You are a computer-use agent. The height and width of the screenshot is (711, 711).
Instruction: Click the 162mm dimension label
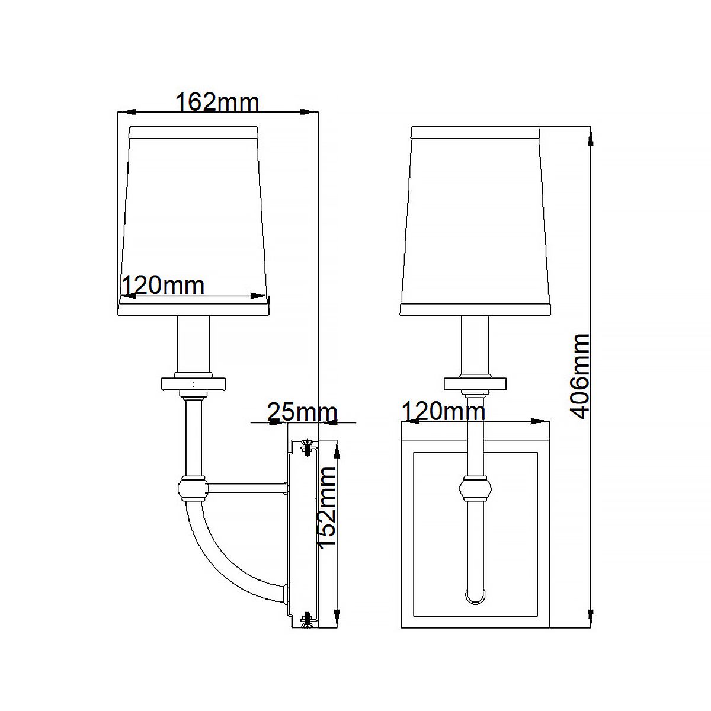click(217, 102)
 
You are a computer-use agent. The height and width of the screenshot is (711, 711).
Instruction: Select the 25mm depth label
click(302, 411)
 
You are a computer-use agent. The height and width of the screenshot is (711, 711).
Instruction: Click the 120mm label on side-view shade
click(162, 286)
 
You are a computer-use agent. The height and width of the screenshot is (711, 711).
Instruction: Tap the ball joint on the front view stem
click(476, 489)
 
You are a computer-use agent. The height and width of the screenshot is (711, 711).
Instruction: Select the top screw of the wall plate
click(307, 447)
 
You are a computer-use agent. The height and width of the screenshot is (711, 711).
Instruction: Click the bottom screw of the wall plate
click(306, 620)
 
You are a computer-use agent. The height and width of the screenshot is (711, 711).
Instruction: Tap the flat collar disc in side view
click(193, 383)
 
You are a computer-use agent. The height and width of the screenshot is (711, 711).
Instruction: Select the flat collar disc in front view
click(476, 383)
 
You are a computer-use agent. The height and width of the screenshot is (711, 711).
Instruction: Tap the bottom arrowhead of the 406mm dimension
click(591, 613)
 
